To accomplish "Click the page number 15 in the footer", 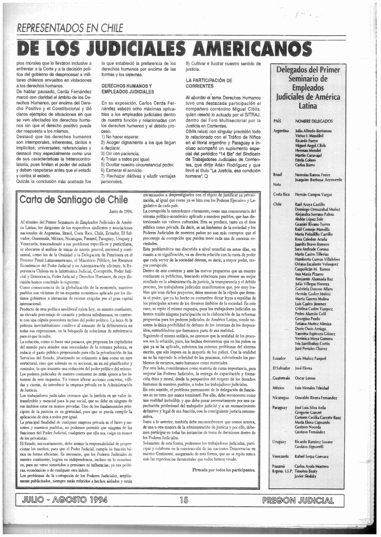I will pos(183,499).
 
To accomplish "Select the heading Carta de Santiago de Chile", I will pos(74,199).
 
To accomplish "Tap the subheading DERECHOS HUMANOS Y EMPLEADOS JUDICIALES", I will pos(127,89).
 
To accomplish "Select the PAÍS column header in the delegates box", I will pos(278,121).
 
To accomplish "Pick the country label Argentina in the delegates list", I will pos(281,130).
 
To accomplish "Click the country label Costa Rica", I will pos(282,195).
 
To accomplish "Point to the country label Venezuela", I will pos(282,456).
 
